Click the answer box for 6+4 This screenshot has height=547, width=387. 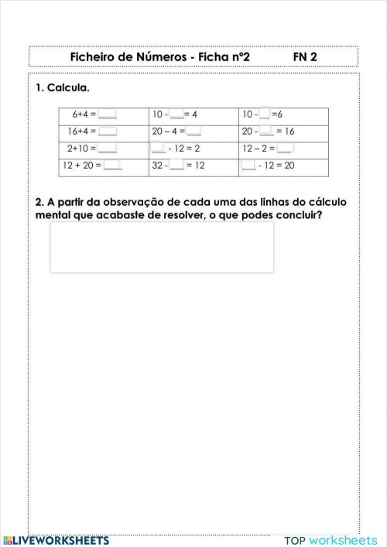click(x=108, y=115)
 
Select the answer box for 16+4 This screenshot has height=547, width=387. click(x=108, y=132)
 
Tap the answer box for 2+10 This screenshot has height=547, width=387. click(x=108, y=148)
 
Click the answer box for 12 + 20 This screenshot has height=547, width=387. click(x=113, y=165)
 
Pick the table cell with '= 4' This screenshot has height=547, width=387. click(x=193, y=115)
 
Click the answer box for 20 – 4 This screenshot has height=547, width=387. click(x=193, y=132)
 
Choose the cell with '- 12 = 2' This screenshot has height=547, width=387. click(x=193, y=148)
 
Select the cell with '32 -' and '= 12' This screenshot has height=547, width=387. click(x=193, y=165)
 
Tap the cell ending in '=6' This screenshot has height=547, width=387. click(x=283, y=115)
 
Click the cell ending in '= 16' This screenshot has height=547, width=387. click(x=283, y=132)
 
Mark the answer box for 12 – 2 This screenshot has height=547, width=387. click(x=285, y=148)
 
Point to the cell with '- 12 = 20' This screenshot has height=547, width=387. click(x=283, y=165)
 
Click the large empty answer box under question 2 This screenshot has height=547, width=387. click(x=162, y=248)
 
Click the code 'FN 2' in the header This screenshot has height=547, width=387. click(x=305, y=57)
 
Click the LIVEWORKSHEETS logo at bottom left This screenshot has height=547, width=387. click(x=56, y=540)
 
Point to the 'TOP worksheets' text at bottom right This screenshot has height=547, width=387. click(x=331, y=540)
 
